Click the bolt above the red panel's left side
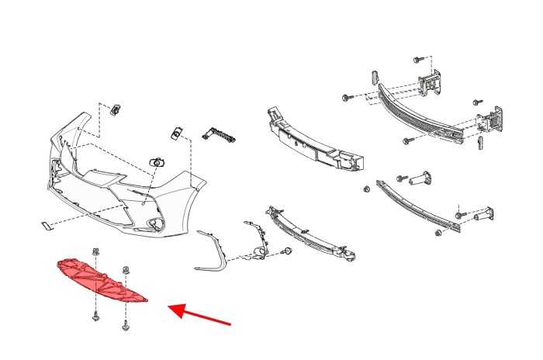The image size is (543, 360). pos(94,252)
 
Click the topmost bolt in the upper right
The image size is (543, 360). pos(417,59)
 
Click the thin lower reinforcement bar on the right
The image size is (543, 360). pos(419,206)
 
